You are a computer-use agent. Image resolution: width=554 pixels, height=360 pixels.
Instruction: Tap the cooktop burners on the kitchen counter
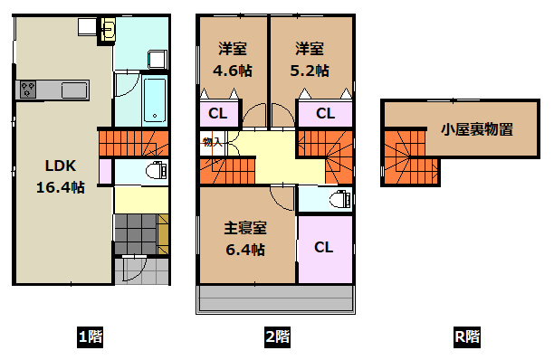click(28, 90)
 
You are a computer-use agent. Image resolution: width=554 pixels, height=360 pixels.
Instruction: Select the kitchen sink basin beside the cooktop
click(72, 90)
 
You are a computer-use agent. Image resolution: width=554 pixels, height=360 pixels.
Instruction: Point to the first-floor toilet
click(155, 170)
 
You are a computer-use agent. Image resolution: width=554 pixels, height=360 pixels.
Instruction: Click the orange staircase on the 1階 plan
click(133, 142)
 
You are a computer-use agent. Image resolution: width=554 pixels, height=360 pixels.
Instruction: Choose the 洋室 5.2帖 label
click(310, 58)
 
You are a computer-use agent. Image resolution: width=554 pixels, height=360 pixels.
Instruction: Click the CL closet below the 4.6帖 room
click(217, 113)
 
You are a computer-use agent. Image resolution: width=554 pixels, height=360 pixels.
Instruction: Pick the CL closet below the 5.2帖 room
click(326, 113)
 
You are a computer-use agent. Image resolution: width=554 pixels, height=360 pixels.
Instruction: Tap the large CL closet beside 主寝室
click(324, 247)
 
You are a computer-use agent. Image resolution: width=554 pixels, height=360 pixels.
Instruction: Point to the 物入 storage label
click(211, 142)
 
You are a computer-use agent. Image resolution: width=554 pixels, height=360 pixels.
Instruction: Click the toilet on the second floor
click(338, 199)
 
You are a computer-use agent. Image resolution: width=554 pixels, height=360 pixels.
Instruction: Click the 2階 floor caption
click(277, 338)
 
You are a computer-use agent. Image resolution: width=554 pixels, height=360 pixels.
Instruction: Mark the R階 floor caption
click(467, 338)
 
